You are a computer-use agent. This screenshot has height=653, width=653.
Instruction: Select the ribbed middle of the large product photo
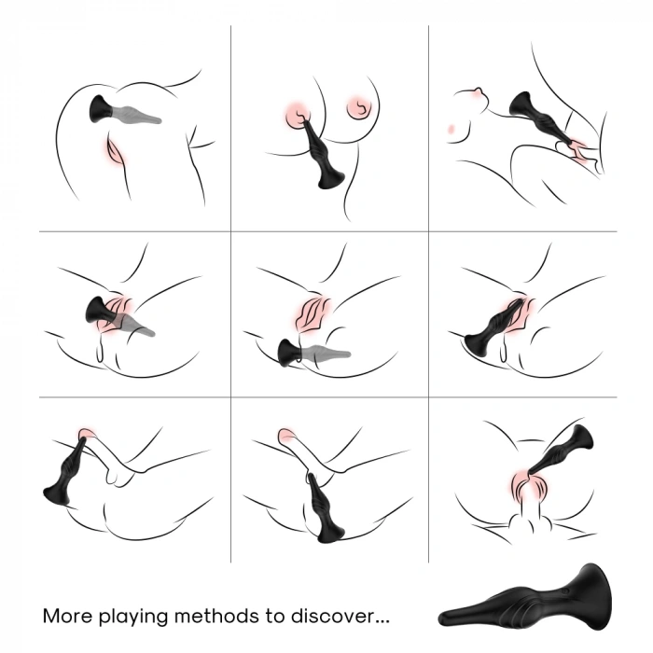point(518,609)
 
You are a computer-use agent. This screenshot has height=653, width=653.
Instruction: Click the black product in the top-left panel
point(104,109)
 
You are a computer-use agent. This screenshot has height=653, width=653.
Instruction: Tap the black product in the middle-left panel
point(100,311)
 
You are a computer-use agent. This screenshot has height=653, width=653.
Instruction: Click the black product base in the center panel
point(288,352)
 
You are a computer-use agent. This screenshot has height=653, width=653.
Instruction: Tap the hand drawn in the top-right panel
point(574,146)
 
